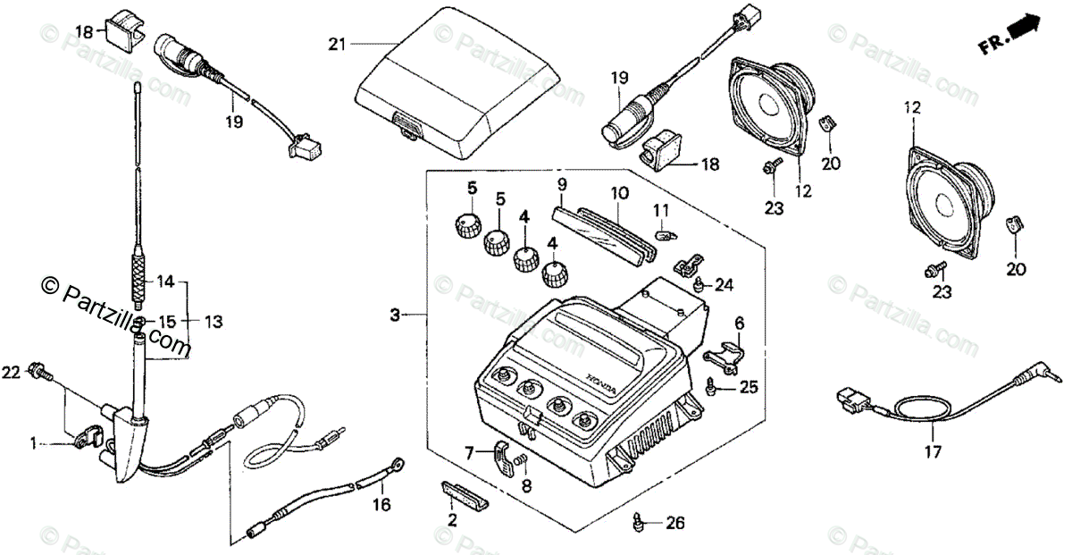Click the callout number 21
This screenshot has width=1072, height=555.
coord(335,43)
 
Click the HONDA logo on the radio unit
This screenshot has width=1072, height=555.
coord(600,382)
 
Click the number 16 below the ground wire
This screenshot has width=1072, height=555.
coord(382,505)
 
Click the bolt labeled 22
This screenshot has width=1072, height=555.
coord(38,369)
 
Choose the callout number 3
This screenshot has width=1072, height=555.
coord(395,315)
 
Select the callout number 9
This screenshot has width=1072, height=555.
coord(562,185)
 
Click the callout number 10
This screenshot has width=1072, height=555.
coord(620,192)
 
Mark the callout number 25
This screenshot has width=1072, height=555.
coord(749,387)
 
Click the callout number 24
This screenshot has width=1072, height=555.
coord(724,285)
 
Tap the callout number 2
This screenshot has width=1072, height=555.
coord(453,519)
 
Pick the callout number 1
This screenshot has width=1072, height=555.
coord(33,441)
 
